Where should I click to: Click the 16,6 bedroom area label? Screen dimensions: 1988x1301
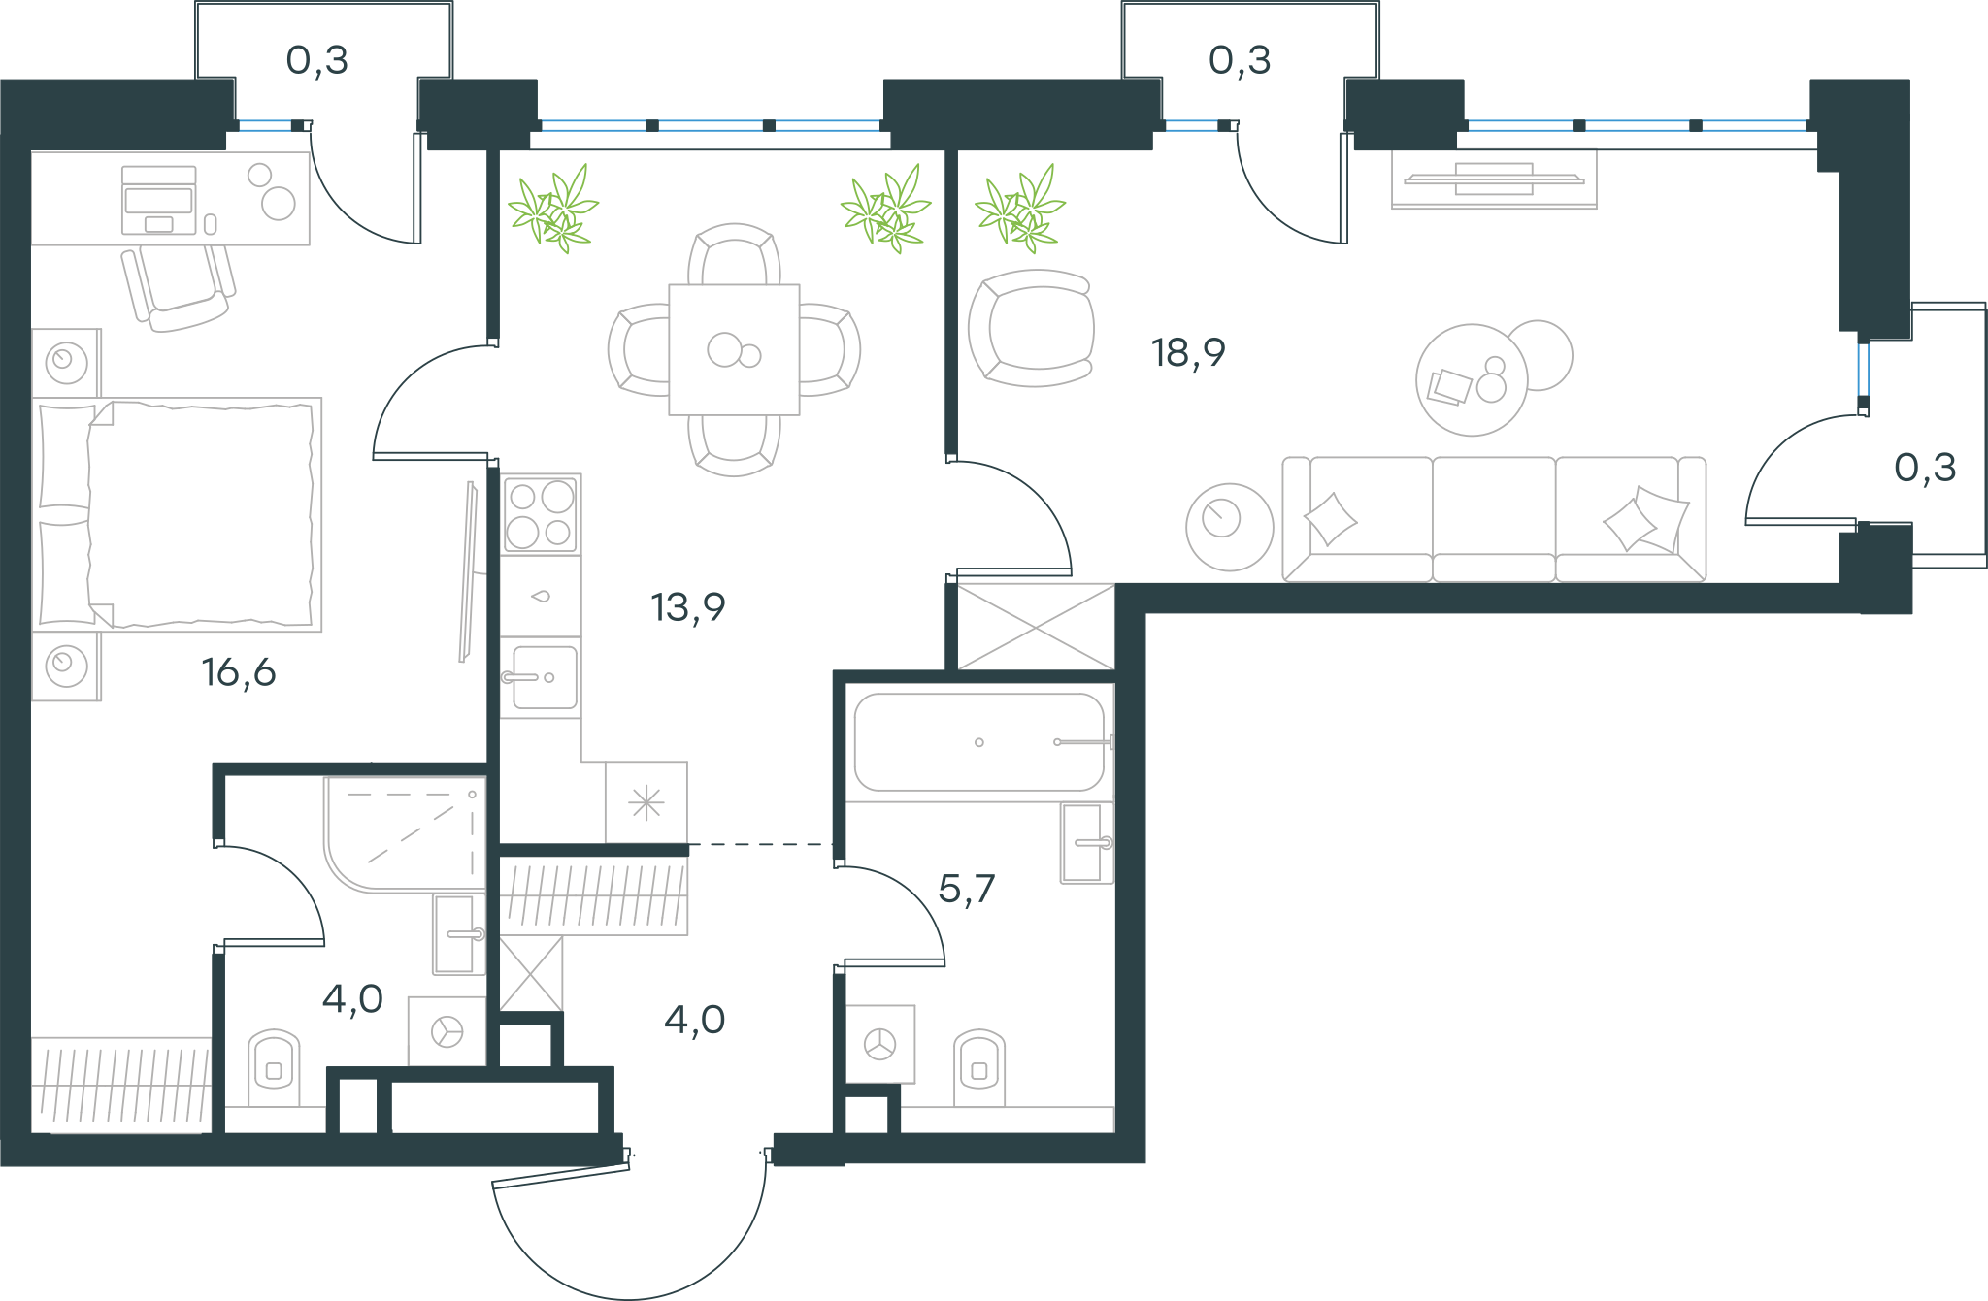point(239,672)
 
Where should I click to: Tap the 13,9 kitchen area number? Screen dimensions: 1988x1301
point(688,607)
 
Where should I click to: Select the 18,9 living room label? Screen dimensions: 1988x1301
point(1188,353)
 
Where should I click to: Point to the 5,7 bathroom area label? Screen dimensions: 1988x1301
point(967,889)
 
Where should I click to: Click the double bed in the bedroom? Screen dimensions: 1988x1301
point(177,514)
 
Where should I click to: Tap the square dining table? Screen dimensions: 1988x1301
point(734,349)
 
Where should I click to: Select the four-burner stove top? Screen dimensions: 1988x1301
point(541,514)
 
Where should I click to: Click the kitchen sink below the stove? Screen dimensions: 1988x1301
point(541,677)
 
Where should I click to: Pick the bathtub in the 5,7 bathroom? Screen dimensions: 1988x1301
point(979,742)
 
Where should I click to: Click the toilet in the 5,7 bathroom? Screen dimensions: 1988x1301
point(979,1067)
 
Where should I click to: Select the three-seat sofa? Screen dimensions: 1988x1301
point(1494,519)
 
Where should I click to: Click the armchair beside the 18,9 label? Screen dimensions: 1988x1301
point(1032,328)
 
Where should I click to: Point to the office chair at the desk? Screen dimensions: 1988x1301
point(179,287)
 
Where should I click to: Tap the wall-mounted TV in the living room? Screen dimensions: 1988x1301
point(1494,179)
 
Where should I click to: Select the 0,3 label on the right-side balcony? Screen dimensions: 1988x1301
point(1925,469)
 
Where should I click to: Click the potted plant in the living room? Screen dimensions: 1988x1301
point(1020,209)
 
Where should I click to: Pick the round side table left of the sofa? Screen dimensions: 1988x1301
point(1230,527)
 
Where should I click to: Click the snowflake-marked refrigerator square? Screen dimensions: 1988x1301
point(646,802)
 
